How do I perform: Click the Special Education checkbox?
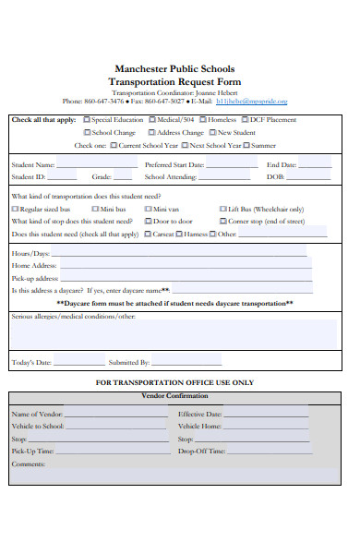point(87,120)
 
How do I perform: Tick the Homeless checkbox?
point(203,120)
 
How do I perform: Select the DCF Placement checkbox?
point(244,120)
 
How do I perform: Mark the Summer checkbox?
point(246,145)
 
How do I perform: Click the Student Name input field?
point(93,165)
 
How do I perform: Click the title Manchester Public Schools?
point(174,69)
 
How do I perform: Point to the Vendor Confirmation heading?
point(174,395)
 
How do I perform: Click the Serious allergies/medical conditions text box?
point(174,334)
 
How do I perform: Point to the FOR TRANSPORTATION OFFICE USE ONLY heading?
point(174,382)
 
